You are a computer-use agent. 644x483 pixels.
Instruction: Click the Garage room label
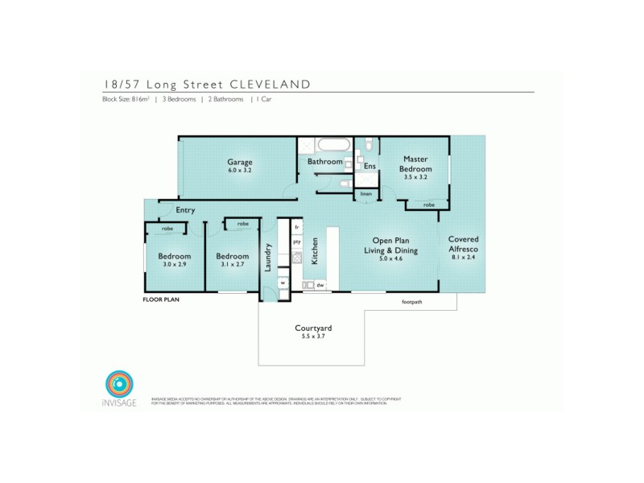[x=239, y=161]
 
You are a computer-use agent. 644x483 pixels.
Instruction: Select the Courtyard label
[x=309, y=329]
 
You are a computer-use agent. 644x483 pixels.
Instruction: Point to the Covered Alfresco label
[x=464, y=244]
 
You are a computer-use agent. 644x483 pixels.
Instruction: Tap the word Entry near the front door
[x=186, y=210]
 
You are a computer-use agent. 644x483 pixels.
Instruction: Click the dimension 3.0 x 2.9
[x=173, y=265]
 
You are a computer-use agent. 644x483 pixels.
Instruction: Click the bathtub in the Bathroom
[x=332, y=146]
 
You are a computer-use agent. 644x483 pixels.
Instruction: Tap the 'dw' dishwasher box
[x=320, y=284]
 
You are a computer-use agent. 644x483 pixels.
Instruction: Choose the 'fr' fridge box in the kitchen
[x=296, y=227]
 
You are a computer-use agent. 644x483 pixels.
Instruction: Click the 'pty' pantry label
[x=296, y=242]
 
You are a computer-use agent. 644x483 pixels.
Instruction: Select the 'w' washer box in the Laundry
[x=283, y=283]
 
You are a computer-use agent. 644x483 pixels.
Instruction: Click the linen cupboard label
[x=365, y=194]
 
